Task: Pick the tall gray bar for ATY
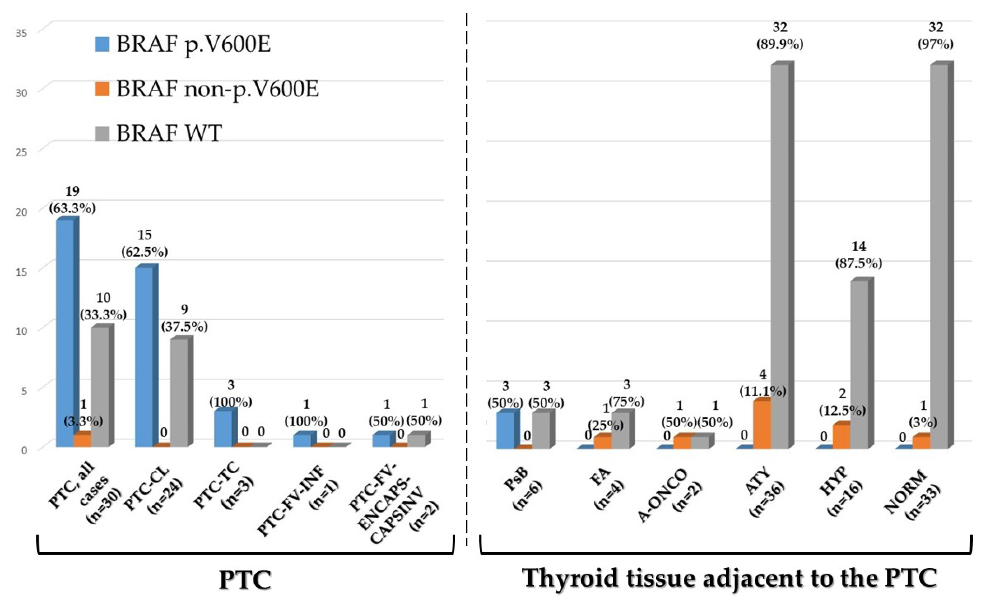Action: (780, 258)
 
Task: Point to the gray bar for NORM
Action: (939, 258)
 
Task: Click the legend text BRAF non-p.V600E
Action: (217, 89)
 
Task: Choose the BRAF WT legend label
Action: (169, 133)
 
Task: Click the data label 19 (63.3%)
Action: (72, 199)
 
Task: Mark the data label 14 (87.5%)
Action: (859, 255)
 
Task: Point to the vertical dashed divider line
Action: (467, 282)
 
